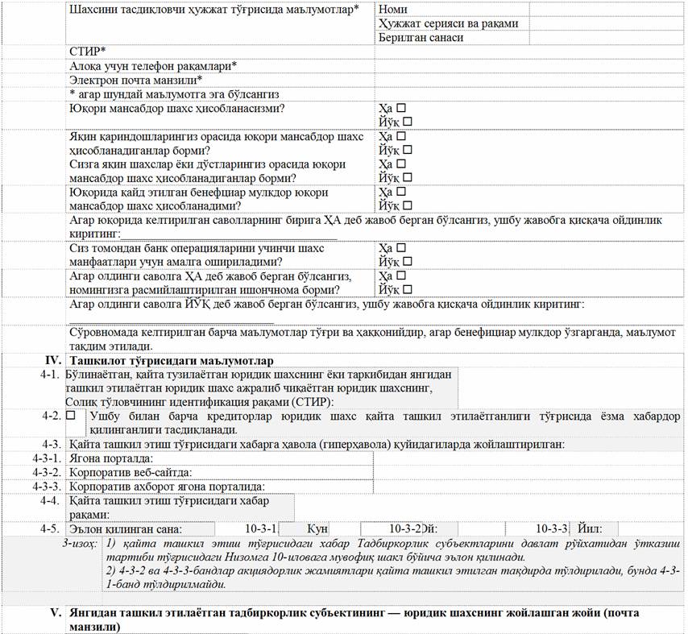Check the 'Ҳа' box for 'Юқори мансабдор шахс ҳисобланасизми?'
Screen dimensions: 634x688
[400, 107]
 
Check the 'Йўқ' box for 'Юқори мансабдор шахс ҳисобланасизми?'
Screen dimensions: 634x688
[407, 121]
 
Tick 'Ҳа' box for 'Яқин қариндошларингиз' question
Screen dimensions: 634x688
[400, 136]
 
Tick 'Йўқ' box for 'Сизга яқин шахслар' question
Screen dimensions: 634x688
[407, 177]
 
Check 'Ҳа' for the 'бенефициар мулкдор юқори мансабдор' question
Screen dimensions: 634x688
[400, 193]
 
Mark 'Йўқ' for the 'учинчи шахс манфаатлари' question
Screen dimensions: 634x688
[407, 261]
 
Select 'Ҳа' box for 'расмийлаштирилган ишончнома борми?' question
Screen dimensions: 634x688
[400, 276]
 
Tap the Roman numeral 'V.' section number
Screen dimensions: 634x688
[56, 612]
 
